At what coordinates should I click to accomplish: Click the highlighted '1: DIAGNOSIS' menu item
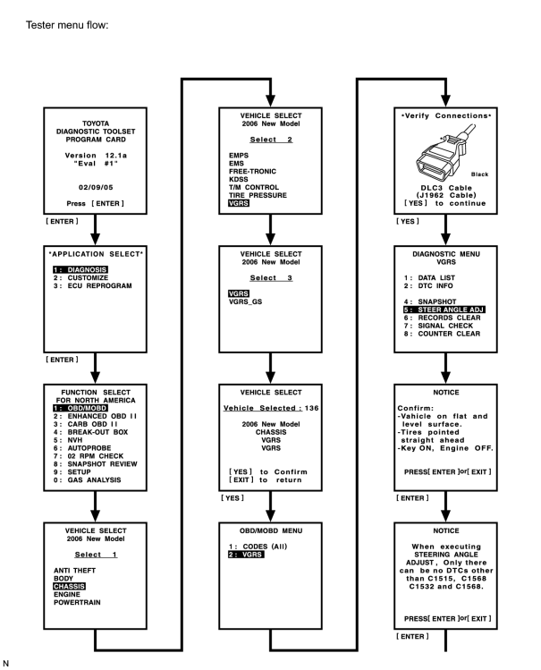[x=80, y=269]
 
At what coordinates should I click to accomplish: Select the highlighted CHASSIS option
[x=69, y=586]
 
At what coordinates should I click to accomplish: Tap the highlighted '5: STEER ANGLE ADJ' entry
[x=444, y=310]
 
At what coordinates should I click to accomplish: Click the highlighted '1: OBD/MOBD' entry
[x=80, y=408]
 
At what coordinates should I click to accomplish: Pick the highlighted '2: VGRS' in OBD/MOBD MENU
[x=246, y=555]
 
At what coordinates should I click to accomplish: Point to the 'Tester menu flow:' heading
[x=67, y=25]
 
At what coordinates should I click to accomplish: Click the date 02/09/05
[x=96, y=187]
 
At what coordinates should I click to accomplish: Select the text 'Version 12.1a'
[x=96, y=156]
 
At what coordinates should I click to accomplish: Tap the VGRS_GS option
[x=245, y=301]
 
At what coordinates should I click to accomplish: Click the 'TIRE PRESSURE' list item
[x=258, y=195]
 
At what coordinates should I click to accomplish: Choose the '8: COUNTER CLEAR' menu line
[x=442, y=334]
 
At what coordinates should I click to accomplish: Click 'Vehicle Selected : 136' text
[x=271, y=408]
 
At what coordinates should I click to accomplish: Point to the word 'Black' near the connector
[x=479, y=174]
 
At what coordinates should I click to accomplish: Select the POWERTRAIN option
[x=77, y=603]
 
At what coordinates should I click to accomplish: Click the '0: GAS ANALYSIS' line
[x=87, y=479]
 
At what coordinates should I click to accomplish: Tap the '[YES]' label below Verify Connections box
[x=408, y=221]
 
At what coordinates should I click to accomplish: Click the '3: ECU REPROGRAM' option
[x=92, y=286]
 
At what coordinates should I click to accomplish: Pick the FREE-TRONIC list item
[x=252, y=172]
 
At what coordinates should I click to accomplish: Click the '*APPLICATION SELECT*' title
[x=96, y=254]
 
